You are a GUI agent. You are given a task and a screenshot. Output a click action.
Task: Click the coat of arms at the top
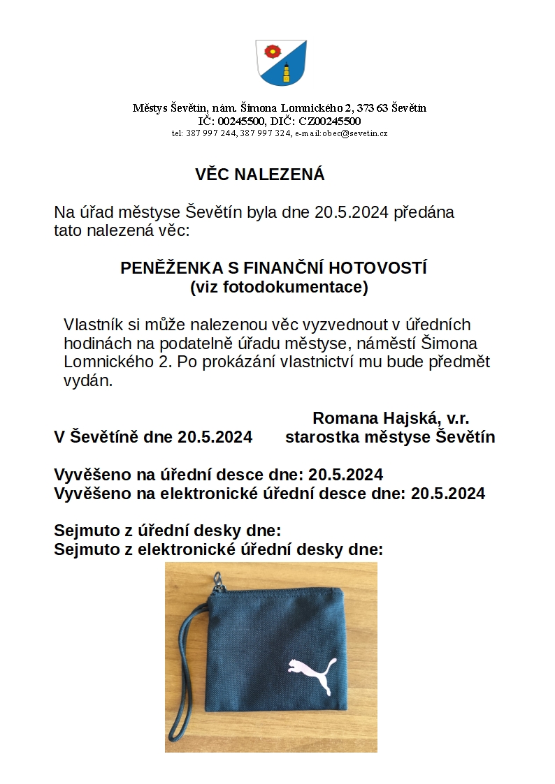tap(281, 62)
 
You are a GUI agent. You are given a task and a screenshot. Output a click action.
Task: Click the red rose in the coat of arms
tap(271, 50)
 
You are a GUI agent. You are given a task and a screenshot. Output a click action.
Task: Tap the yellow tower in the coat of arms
tap(286, 72)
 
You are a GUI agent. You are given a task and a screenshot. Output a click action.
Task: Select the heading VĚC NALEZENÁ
tap(260, 175)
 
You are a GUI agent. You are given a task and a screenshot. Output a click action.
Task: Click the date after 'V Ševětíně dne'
tap(215, 438)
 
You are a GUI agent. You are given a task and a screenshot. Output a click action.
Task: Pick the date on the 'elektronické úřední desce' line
tap(448, 494)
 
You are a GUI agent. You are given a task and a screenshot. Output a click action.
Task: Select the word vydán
tap(87, 381)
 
